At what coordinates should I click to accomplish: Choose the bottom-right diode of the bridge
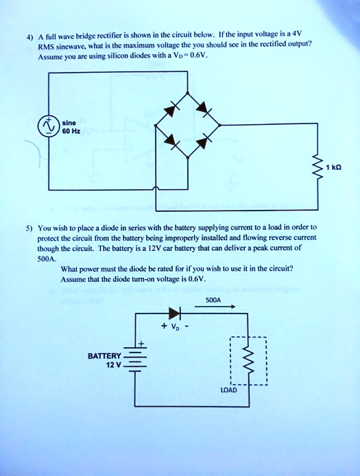point(203,144)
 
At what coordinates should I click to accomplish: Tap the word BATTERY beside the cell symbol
point(104,356)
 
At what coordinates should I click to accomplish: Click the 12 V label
point(112,366)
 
